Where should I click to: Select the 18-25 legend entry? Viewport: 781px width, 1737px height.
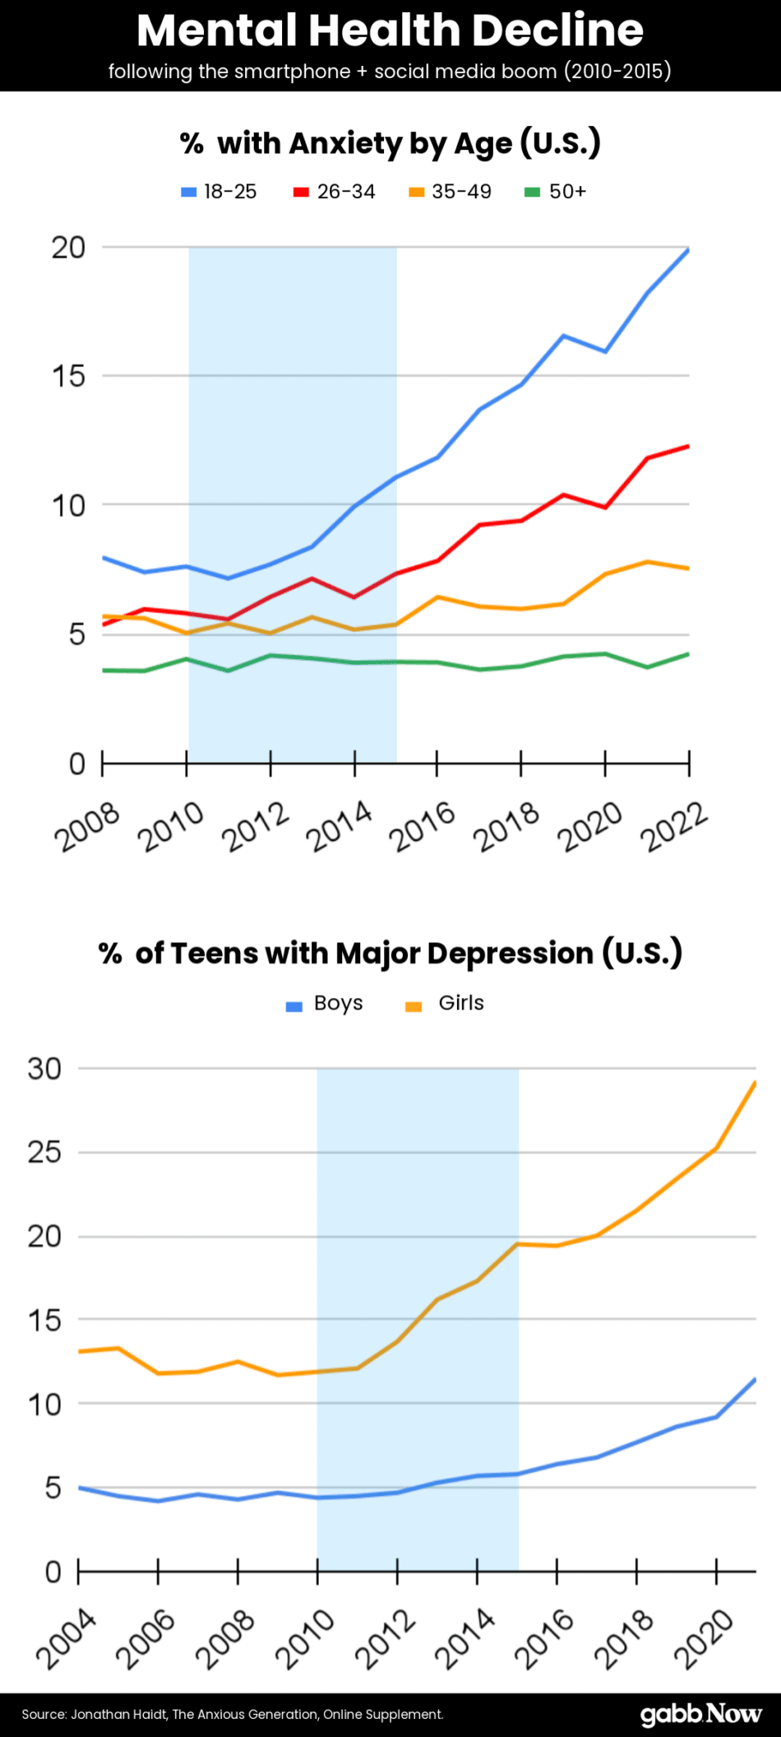220,192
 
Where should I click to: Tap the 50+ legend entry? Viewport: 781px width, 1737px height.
557,192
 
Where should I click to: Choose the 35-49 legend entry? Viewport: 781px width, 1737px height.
451,192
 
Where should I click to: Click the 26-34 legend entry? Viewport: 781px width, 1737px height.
335,192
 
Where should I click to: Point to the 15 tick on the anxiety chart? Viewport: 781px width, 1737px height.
69,377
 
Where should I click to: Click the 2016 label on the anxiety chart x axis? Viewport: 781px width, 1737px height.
422,826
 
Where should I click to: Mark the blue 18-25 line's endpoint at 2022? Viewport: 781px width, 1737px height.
688,249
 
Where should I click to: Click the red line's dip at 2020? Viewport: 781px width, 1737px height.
606,507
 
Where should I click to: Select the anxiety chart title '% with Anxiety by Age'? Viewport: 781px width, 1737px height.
390,143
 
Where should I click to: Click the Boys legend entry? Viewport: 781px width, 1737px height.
326,1004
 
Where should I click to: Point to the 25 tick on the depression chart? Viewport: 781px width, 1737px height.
44,1152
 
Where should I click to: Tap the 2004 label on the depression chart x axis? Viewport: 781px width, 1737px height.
66,1641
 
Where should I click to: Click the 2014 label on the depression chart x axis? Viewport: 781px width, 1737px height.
465,1641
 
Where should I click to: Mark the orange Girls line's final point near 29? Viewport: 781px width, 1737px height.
755,1084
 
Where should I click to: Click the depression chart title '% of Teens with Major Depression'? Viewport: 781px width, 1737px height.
390,953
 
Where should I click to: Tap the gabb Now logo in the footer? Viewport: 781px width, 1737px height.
700,1714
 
